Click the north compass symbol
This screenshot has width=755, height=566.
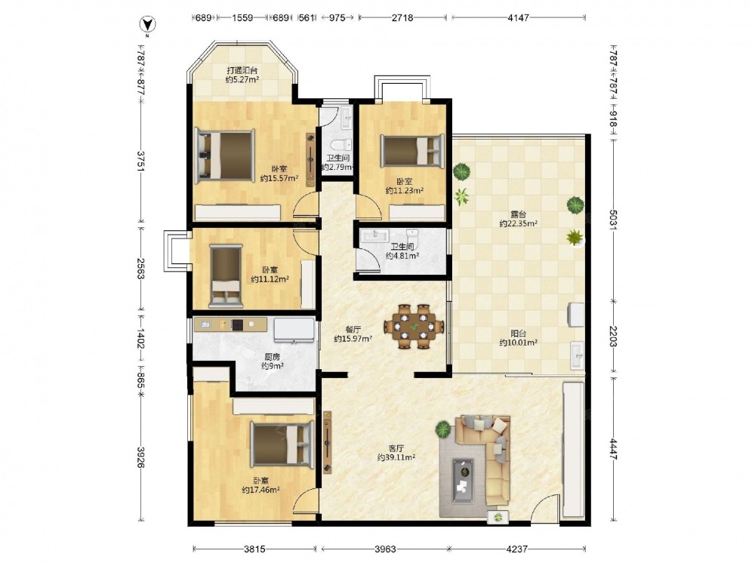tap(148, 25)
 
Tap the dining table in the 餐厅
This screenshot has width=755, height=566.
tap(414, 326)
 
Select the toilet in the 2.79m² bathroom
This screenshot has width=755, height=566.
tap(341, 145)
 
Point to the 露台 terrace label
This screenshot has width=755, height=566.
tap(518, 214)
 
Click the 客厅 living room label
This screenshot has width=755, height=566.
tap(396, 448)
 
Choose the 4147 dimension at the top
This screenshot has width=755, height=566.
tap(518, 18)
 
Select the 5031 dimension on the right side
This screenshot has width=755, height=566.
tap(613, 220)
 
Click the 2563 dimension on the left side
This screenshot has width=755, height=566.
tap(140, 268)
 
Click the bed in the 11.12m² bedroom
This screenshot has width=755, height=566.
tap(226, 275)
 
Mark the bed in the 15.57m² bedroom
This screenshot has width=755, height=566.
tap(224, 156)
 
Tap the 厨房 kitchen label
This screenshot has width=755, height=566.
tap(272, 357)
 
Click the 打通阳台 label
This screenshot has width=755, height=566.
tap(242, 70)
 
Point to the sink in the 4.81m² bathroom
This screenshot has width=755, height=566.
tap(376, 235)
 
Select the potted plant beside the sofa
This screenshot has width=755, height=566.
tap(443, 429)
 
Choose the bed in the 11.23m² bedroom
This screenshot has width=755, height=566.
tap(412, 151)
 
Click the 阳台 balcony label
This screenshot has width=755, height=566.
tap(518, 333)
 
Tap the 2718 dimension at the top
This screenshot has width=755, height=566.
tap(402, 18)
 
